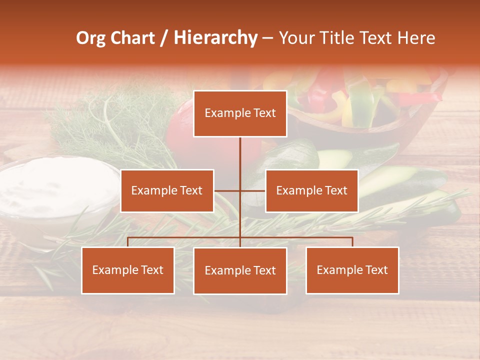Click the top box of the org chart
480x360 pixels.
[240, 113]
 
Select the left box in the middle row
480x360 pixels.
[167, 190]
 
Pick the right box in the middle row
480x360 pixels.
[311, 190]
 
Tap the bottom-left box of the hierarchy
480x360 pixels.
[128, 270]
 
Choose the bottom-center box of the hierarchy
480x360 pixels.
[240, 270]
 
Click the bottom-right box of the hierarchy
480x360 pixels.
[352, 270]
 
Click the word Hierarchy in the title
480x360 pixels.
[215, 38]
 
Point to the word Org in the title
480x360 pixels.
[91, 38]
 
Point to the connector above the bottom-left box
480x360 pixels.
[128, 241]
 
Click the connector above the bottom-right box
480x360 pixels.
[352, 241]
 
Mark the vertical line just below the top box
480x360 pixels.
[240, 150]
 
